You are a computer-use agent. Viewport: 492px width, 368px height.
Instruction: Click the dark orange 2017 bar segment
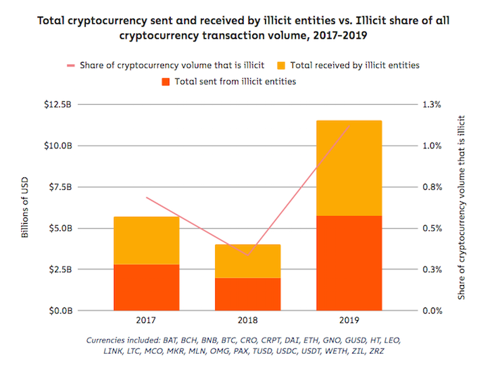click(x=146, y=287)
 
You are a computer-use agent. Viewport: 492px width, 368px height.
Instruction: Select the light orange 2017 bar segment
click(x=146, y=240)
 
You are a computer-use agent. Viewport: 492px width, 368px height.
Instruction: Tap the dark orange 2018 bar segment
click(x=247, y=294)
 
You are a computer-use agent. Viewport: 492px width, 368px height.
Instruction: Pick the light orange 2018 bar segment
click(x=247, y=261)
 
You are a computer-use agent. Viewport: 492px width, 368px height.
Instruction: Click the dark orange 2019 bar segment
click(x=349, y=262)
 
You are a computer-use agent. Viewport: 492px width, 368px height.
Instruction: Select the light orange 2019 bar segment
click(x=349, y=167)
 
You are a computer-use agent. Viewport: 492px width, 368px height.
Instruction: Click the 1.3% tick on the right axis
click(x=431, y=105)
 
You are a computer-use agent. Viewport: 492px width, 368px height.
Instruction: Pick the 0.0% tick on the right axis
click(x=431, y=310)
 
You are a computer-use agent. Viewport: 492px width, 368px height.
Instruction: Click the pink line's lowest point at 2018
click(x=247, y=255)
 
